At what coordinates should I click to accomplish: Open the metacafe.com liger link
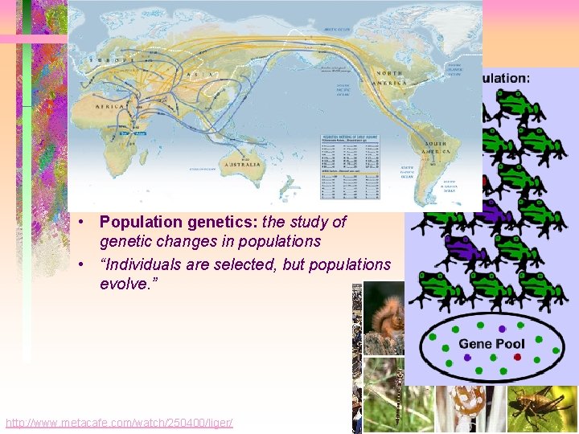[119, 423]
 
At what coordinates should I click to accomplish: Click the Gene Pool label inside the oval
[491, 343]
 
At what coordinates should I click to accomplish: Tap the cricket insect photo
[544, 407]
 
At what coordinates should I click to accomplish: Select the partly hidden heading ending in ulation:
[506, 78]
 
